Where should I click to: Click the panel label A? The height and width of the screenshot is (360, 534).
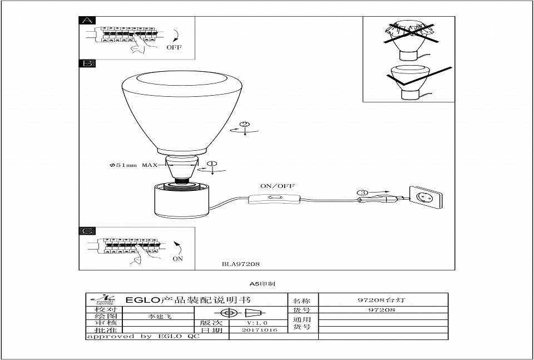pos(87,21)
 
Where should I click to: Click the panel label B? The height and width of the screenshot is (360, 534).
pos(87,64)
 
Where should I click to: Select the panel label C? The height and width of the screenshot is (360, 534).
pos(87,231)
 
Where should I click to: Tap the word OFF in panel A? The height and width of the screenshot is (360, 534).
pos(174,48)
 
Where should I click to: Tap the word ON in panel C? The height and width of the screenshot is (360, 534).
pos(177,259)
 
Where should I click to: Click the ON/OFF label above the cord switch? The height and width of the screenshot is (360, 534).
pos(278,186)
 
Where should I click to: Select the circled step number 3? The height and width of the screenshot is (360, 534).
pos(363,193)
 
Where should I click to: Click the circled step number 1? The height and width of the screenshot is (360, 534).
pos(212,164)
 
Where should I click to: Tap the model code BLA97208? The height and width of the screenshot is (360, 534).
pos(240,264)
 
